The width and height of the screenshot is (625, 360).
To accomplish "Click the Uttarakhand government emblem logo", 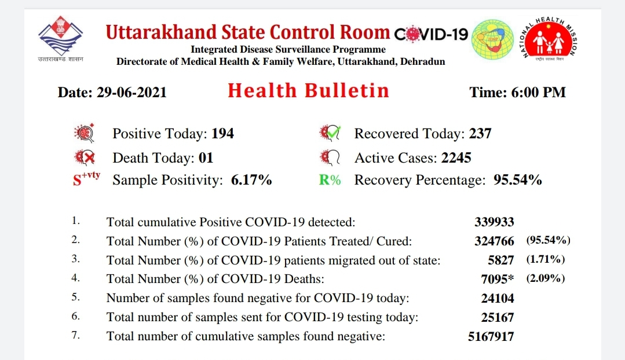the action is coord(61,36).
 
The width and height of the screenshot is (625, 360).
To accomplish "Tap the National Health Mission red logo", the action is coord(549,39).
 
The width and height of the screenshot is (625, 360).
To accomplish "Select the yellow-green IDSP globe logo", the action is coord(493,39).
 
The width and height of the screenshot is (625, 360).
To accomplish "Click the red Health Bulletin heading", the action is coord(308,91).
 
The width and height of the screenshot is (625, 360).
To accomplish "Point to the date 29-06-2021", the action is coord(131,93).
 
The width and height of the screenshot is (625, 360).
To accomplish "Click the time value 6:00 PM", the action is coord(539,93).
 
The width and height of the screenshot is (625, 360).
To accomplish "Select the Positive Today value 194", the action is coord(222,133).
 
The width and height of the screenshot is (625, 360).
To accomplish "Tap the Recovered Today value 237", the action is coord(480,133).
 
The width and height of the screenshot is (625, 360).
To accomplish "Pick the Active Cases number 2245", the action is coord(456,157).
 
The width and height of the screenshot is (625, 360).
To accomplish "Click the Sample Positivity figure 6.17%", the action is coord(251,179).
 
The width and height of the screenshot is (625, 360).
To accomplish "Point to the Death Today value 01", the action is coord(206,157).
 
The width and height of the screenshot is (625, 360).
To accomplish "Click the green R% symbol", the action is coord(330,180).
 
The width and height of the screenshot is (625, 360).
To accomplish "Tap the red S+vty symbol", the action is coord(86,179).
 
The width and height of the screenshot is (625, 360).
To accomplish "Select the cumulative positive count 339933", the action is coord(494,222).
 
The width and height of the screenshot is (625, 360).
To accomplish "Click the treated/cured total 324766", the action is coord(494,241).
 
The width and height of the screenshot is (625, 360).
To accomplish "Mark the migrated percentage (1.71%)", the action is coord(546,259).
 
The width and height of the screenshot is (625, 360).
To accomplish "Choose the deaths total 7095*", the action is coord(498,279).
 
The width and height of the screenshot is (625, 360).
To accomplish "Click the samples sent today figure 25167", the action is coord(498,317).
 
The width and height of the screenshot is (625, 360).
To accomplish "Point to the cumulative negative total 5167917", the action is coord(491,336).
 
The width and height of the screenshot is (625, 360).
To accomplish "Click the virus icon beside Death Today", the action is coord(85,157).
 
